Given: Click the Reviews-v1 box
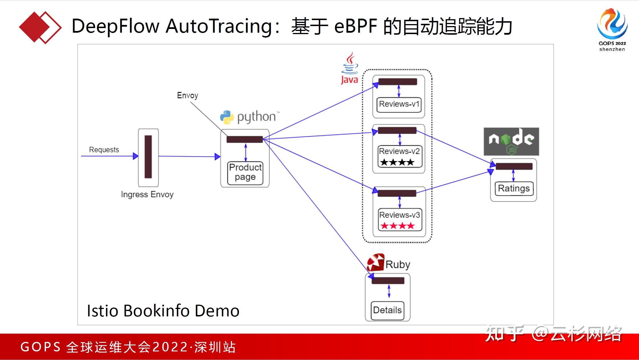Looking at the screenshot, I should pos(399,104).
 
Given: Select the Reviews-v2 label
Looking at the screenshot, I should pos(399,151).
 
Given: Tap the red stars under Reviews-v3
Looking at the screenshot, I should pos(398,226).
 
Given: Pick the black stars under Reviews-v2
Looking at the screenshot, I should pos(397,163).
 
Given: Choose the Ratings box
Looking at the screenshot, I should pos(514,189).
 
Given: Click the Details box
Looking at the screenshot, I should pos(387,310).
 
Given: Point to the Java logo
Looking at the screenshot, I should pos(349,68).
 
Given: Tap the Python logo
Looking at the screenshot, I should pos(227,117).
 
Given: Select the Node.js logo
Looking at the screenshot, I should pos(511,142).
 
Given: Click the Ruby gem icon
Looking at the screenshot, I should pos(375,263).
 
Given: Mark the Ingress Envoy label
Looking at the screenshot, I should pos(147,194).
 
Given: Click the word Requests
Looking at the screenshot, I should pos(104,150).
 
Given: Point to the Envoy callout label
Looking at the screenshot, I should pos(187,95).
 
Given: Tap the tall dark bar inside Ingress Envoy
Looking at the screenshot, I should pos(148,157).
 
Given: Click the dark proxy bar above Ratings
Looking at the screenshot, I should pos(514,166).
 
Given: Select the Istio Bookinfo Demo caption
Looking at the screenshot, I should pos(163,311).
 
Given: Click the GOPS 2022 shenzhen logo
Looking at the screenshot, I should pos(612,30).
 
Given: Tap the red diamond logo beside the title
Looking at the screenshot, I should pos(40,28).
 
